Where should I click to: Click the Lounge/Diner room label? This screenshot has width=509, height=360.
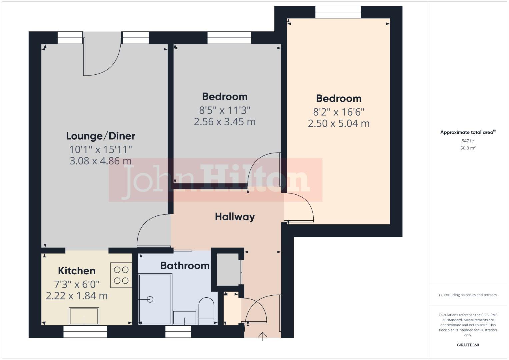click(x=101, y=136)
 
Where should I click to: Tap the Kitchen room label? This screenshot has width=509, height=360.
click(x=77, y=271)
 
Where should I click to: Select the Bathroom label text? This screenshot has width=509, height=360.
click(x=185, y=265)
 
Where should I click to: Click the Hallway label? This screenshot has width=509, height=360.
click(x=235, y=217)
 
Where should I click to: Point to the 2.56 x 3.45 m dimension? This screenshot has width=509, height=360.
click(x=225, y=122)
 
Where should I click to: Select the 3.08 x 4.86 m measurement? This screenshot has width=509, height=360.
click(x=101, y=161)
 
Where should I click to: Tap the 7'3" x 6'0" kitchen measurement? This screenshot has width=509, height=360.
click(x=77, y=284)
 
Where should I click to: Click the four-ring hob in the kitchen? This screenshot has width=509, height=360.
click(x=121, y=275)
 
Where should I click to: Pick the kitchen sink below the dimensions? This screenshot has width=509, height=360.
click(x=84, y=316)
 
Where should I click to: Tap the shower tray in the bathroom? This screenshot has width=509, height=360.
click(x=155, y=299)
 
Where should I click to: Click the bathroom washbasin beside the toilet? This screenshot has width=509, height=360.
click(x=185, y=317)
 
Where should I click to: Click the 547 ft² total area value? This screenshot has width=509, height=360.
click(x=468, y=141)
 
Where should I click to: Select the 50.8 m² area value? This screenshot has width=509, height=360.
click(x=468, y=148)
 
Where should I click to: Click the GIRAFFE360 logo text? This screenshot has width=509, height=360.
click(x=468, y=345)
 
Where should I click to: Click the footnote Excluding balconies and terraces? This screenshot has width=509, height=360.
click(x=468, y=295)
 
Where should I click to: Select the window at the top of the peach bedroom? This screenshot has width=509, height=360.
click(x=338, y=12)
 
